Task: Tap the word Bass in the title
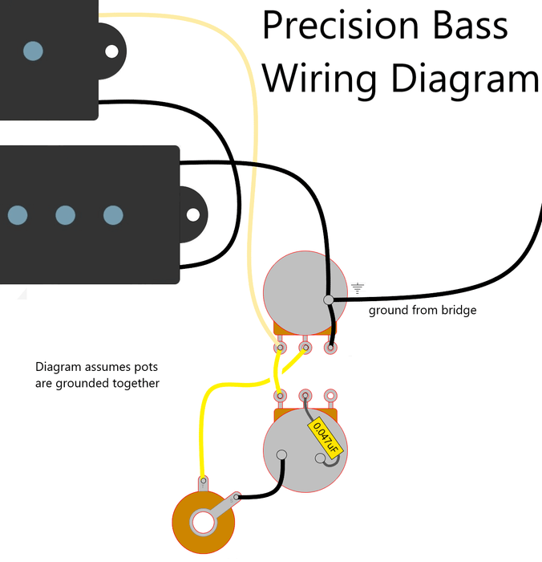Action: click(467, 26)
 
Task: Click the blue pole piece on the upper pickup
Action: click(33, 51)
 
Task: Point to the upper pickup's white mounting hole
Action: click(111, 51)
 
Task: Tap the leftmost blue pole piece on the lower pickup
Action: click(17, 215)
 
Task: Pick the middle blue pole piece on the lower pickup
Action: click(65, 215)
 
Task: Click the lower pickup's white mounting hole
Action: click(193, 215)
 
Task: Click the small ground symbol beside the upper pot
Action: click(358, 287)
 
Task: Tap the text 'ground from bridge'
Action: click(422, 310)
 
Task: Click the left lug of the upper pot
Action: click(281, 348)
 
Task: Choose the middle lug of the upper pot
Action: click(305, 348)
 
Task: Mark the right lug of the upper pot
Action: click(330, 348)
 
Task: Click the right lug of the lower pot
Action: click(330, 395)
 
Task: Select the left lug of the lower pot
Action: click(281, 395)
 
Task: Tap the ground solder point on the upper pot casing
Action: click(328, 300)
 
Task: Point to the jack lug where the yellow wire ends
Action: click(204, 483)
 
